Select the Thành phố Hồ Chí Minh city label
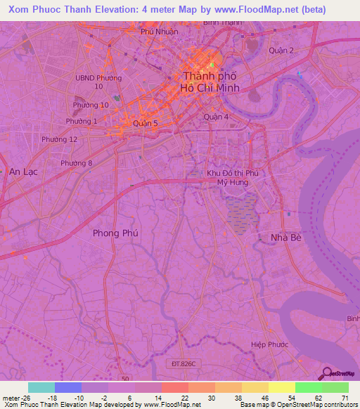pos(211,82)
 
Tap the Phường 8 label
pos(76,164)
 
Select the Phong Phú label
pos(115,233)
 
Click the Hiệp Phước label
pos(270,345)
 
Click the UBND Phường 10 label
pos(99,82)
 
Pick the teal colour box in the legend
pos(41,387)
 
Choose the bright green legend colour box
pos(309,387)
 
